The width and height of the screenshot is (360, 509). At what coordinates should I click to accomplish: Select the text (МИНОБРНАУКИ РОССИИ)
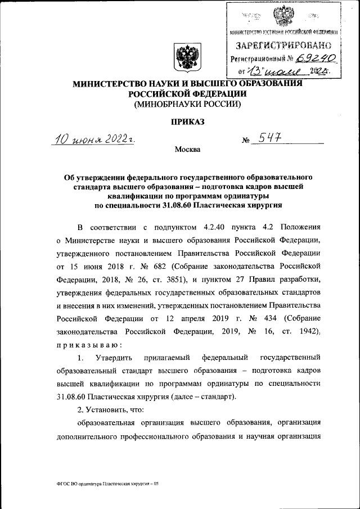(x=186, y=104)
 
